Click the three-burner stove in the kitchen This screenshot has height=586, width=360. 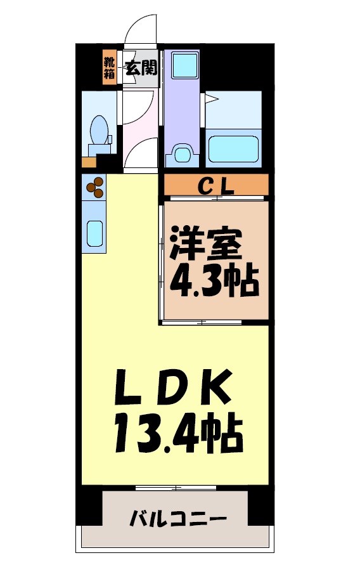coord(94,186)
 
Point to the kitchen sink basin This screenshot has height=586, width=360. coord(94,233)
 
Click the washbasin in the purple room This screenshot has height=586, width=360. coord(183,154)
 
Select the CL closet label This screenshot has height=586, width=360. coord(217,186)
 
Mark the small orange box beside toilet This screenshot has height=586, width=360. coord(87,162)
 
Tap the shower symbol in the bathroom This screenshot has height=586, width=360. coord(210,100)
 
